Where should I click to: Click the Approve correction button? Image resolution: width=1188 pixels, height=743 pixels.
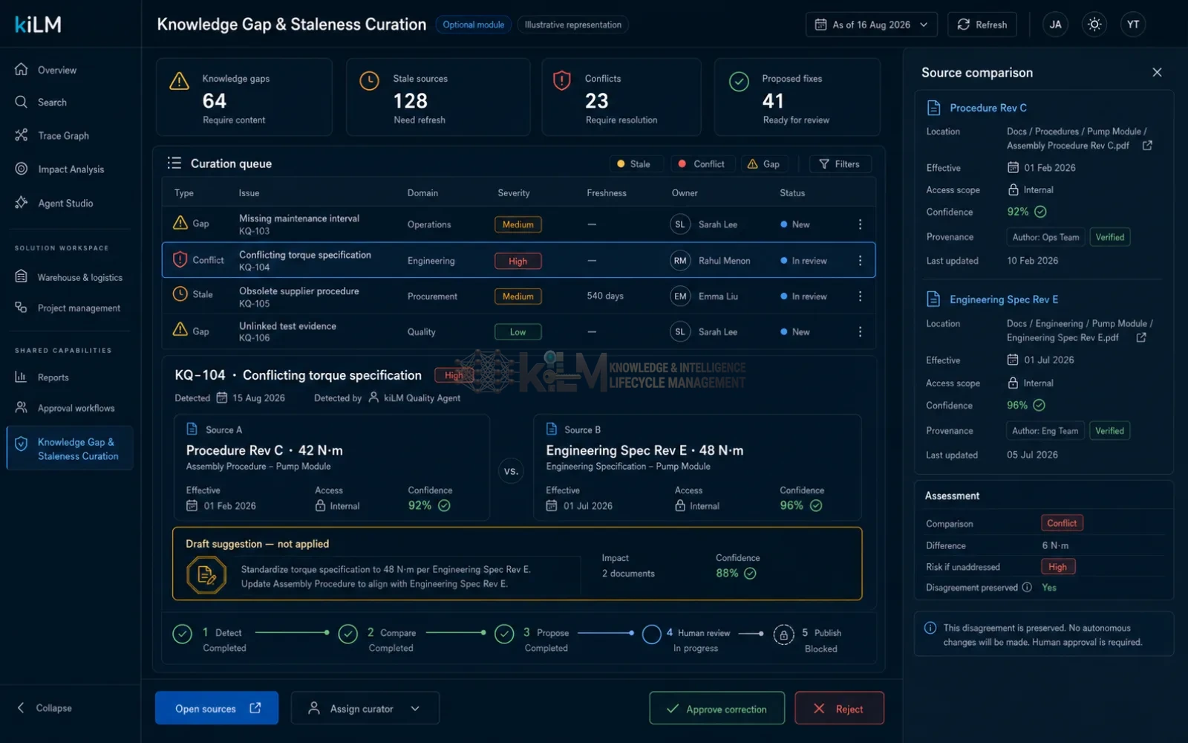(717, 708)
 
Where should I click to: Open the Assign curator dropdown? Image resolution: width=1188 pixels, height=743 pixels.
(365, 708)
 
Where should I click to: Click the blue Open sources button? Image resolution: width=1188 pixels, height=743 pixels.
(216, 708)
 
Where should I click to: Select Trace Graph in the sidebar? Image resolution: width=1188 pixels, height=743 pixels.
(63, 135)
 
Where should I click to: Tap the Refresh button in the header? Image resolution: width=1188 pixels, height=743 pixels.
(982, 25)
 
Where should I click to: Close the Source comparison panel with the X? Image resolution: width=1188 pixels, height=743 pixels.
(1157, 72)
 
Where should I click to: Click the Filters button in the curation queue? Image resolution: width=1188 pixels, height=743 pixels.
(840, 164)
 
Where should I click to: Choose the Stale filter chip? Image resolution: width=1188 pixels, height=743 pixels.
(634, 164)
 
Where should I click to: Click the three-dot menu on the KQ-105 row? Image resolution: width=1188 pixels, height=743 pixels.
(860, 296)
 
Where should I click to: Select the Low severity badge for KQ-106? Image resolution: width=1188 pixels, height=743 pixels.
(518, 331)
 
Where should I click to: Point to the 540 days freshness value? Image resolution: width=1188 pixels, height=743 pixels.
(604, 296)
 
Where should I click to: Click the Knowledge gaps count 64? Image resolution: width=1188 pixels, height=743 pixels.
(215, 101)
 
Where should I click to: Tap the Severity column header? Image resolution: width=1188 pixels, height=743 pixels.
(513, 192)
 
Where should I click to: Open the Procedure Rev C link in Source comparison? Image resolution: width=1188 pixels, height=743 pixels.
(988, 108)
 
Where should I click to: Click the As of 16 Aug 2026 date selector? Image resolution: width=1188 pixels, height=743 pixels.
(872, 25)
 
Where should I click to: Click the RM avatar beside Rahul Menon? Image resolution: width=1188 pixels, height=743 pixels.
(680, 261)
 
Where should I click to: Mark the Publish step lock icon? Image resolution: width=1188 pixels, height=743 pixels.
(783, 635)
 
